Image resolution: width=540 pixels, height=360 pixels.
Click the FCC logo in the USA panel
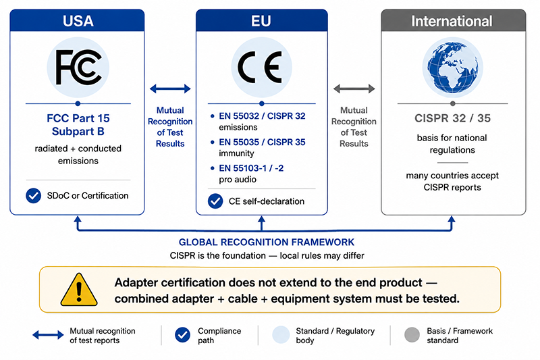[78, 67]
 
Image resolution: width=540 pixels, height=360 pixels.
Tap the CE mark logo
[261, 67]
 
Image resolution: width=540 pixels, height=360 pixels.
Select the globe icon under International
[452, 68]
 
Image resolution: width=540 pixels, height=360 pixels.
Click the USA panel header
[77, 20]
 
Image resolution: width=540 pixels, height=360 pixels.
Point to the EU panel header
[262, 20]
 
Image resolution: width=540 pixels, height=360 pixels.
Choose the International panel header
[453, 20]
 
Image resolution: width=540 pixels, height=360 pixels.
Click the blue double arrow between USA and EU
[170, 88]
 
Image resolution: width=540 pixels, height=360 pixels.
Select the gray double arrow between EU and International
[354, 88]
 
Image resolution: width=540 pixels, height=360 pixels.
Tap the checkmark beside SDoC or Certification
[33, 196]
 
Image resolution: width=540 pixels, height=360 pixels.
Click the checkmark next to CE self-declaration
[215, 201]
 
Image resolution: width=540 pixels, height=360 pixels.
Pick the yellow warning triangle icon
[79, 289]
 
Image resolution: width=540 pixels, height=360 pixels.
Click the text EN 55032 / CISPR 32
[262, 116]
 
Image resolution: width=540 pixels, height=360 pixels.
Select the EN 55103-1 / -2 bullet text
[251, 168]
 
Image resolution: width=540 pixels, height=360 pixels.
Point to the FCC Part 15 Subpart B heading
[78, 125]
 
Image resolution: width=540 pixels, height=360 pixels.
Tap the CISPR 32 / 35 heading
[452, 118]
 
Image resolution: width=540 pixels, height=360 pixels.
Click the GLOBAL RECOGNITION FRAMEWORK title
[267, 242]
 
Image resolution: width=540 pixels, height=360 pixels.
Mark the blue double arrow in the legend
[48, 335]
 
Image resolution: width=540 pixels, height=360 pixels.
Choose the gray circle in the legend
[412, 335]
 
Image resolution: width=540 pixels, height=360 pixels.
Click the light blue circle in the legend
[281, 335]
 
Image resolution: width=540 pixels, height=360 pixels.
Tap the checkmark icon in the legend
[182, 335]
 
